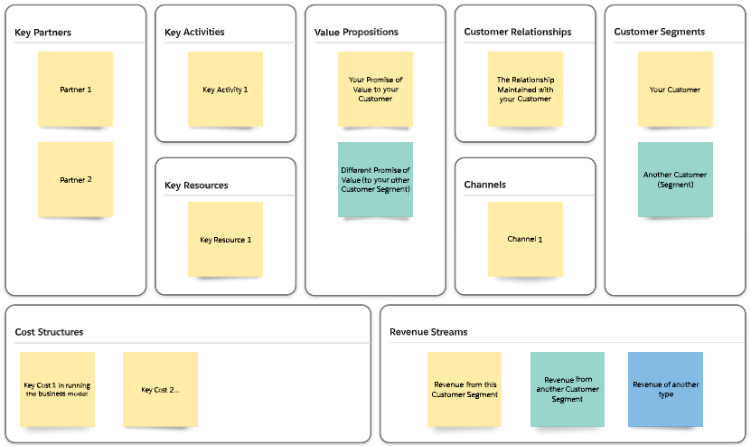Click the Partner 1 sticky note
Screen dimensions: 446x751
click(75, 89)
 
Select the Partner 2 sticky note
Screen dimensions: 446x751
click(75, 179)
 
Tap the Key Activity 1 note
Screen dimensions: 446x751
click(225, 89)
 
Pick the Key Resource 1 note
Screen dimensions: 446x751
click(225, 239)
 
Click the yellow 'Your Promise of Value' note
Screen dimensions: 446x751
click(375, 89)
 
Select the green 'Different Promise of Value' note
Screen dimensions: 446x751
click(375, 179)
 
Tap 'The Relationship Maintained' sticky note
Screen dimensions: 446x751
click(525, 89)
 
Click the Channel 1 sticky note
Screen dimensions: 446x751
click(525, 239)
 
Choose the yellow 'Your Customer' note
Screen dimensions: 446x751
click(675, 89)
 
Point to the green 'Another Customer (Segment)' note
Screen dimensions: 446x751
click(675, 179)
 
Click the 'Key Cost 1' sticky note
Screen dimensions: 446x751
click(57, 389)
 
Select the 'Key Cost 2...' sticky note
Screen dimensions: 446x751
click(160, 389)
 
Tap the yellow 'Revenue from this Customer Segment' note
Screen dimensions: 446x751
click(465, 389)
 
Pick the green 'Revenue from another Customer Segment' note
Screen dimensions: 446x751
click(568, 389)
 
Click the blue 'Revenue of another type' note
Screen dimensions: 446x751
click(665, 389)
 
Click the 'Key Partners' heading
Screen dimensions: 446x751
click(43, 33)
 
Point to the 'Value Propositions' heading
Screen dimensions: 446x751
click(356, 32)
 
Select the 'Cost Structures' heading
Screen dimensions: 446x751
click(49, 332)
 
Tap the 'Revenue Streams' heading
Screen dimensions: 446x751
click(428, 332)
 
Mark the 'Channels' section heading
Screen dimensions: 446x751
click(484, 185)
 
